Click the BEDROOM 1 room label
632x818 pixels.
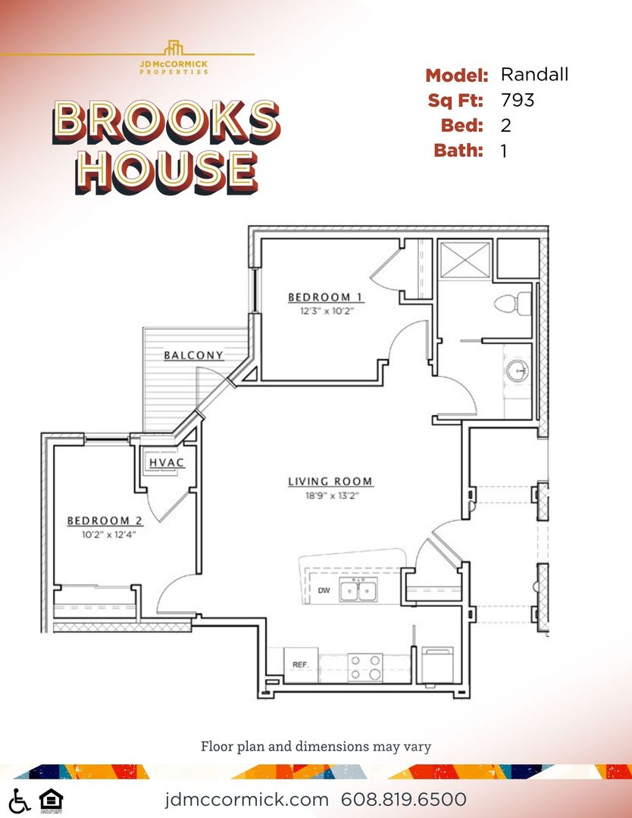(x=319, y=297)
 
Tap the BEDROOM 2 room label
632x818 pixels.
(x=105, y=520)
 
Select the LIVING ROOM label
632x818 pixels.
(x=330, y=482)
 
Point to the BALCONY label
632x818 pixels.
(x=194, y=354)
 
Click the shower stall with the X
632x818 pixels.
(x=465, y=260)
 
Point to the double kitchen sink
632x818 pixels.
(x=359, y=589)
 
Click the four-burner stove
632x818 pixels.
(x=364, y=667)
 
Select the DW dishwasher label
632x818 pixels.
(x=323, y=589)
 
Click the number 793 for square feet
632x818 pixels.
(x=518, y=100)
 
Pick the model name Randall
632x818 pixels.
(x=534, y=74)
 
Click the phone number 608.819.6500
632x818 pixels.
(x=404, y=799)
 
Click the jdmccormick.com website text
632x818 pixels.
(x=246, y=799)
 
